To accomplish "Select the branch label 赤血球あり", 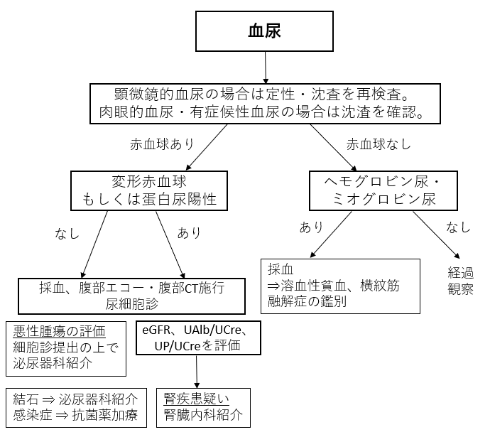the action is point(162,144).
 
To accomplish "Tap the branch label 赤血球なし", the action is point(379,144).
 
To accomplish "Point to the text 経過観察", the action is point(461,281).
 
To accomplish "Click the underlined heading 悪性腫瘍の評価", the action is point(59,331).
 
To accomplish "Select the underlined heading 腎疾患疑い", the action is point(197,399).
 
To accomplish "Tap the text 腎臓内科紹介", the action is point(203,414).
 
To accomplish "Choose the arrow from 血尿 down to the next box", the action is point(266,68).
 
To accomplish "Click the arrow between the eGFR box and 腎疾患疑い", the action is point(197,372).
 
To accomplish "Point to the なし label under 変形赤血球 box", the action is point(67,234).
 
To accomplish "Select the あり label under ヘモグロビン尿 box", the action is point(311,227).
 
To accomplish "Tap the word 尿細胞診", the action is point(132,303).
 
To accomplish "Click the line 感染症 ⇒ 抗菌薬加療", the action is point(75,415).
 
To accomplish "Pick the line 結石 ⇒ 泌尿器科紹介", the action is point(75,399).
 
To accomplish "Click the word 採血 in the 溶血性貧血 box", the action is point(281,269).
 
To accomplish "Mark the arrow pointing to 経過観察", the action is point(436,234).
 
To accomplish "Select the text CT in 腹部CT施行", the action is point(191,288).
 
